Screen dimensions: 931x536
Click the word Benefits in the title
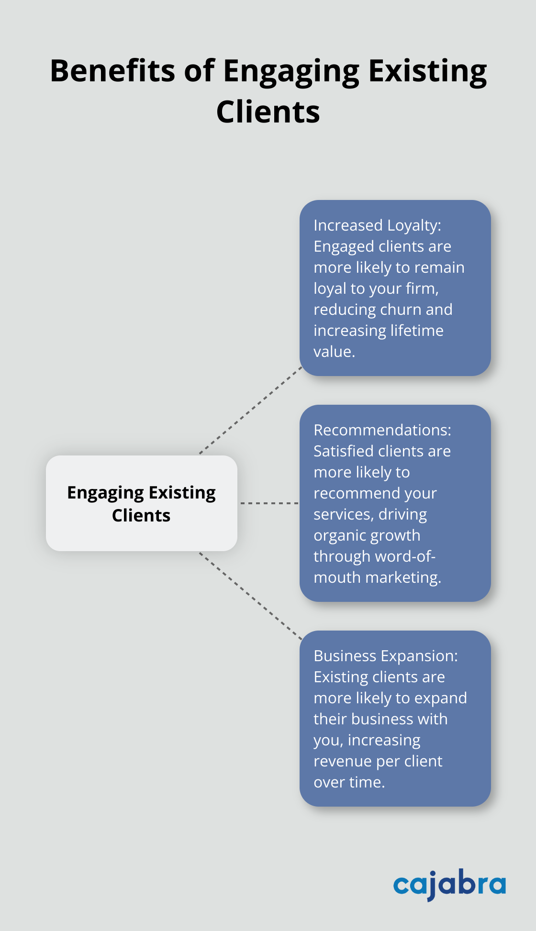(x=112, y=71)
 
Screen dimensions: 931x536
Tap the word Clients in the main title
(x=268, y=112)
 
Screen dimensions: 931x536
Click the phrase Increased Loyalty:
(x=377, y=225)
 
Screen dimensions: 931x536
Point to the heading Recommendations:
(x=382, y=430)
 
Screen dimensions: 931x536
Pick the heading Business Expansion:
(x=385, y=656)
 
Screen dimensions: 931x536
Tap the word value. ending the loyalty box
(x=334, y=352)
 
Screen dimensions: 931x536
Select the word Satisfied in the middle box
(x=343, y=451)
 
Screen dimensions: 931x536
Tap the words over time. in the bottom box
(x=349, y=782)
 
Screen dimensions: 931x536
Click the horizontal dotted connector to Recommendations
(x=269, y=503)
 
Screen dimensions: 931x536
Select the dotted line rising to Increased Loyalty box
(x=250, y=410)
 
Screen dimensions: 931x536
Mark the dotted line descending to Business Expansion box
(x=250, y=596)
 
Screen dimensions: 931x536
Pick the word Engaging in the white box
(x=105, y=493)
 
